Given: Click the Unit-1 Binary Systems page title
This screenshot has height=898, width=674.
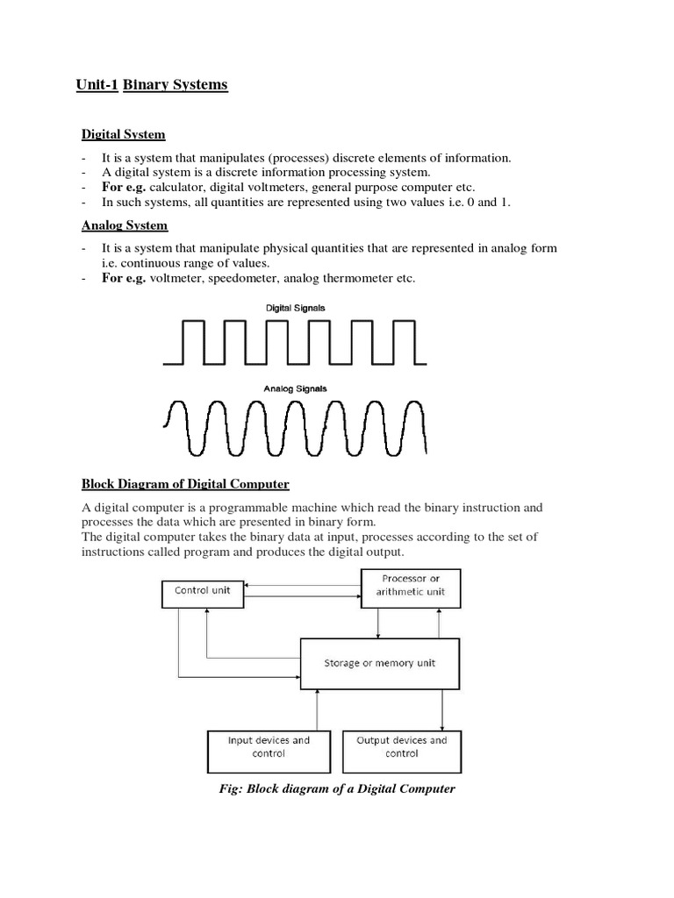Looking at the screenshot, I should click(151, 85).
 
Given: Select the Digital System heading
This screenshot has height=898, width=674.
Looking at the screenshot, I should click(124, 134).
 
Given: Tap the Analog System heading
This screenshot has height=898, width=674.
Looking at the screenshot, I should click(124, 225).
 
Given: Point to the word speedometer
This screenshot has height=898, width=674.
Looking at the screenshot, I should click(242, 279).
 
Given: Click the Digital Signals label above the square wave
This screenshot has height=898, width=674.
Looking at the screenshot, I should click(295, 308).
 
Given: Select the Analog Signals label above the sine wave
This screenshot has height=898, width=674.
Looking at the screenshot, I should click(295, 388).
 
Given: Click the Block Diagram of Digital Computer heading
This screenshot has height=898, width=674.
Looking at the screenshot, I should click(185, 484).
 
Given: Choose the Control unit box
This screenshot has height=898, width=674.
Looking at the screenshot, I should click(202, 592).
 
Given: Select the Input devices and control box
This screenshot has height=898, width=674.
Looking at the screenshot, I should click(269, 746).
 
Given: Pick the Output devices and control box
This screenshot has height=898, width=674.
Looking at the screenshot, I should click(401, 746).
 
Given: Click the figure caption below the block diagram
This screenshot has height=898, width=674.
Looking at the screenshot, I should click(337, 788).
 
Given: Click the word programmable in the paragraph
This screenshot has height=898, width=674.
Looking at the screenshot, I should click(243, 508).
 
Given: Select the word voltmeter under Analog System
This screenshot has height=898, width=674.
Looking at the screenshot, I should click(179, 279).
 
